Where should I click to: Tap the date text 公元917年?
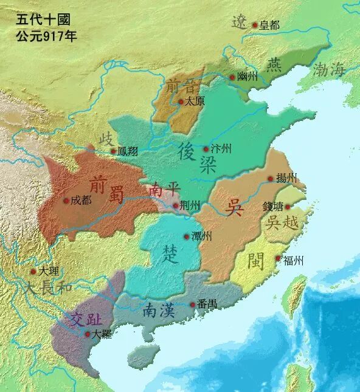(x=46, y=35)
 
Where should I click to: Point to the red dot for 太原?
(x=180, y=102)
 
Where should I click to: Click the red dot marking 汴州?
(x=206, y=149)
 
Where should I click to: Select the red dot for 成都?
(x=66, y=200)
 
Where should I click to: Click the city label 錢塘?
(x=273, y=207)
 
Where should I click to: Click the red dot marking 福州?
(x=278, y=260)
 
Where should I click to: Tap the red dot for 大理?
(x=33, y=272)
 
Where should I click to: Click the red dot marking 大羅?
(x=88, y=334)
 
